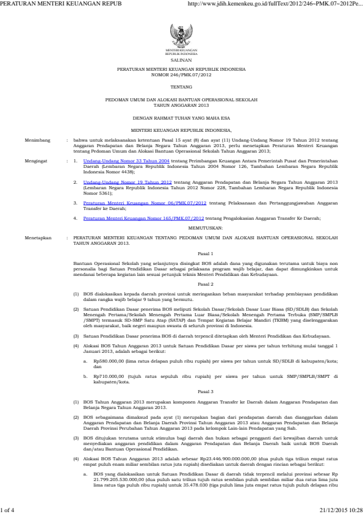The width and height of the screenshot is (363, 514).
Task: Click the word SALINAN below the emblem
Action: click(x=181, y=60)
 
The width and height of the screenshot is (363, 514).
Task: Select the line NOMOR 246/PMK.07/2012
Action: click(x=181, y=76)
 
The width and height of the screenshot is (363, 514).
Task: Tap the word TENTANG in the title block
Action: click(x=181, y=87)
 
